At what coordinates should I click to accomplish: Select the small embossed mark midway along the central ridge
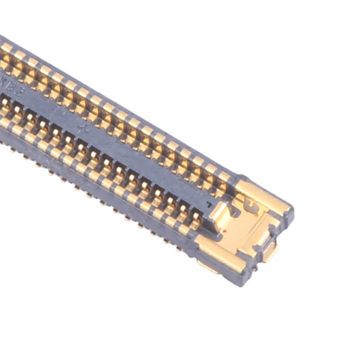coord(85,128)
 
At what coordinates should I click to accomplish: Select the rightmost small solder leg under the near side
coord(179,249)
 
